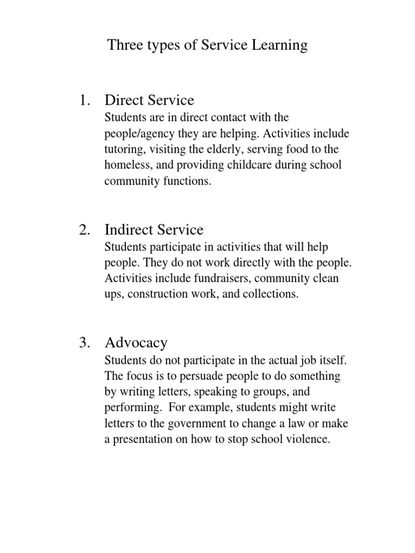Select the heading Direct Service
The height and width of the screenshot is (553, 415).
(x=149, y=100)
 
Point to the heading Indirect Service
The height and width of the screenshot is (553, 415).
(x=154, y=230)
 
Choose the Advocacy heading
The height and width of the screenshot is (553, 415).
(x=136, y=342)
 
